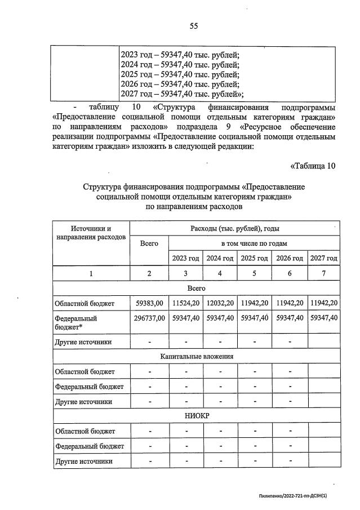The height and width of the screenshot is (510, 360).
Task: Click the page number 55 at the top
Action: pos(193,26)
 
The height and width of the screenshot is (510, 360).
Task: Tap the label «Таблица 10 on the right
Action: pos(313,166)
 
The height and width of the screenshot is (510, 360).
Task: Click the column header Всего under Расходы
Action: pos(149,243)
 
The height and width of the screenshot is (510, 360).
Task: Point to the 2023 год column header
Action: pos(185,258)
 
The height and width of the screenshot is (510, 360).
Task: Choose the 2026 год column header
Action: pos(289,258)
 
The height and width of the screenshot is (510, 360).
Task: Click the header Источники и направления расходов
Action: pos(91,233)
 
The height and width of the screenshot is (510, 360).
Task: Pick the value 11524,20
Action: pos(185,303)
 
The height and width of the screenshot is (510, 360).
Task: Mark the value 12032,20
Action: pos(220,303)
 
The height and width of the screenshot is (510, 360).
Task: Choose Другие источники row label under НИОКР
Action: pos(83,461)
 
